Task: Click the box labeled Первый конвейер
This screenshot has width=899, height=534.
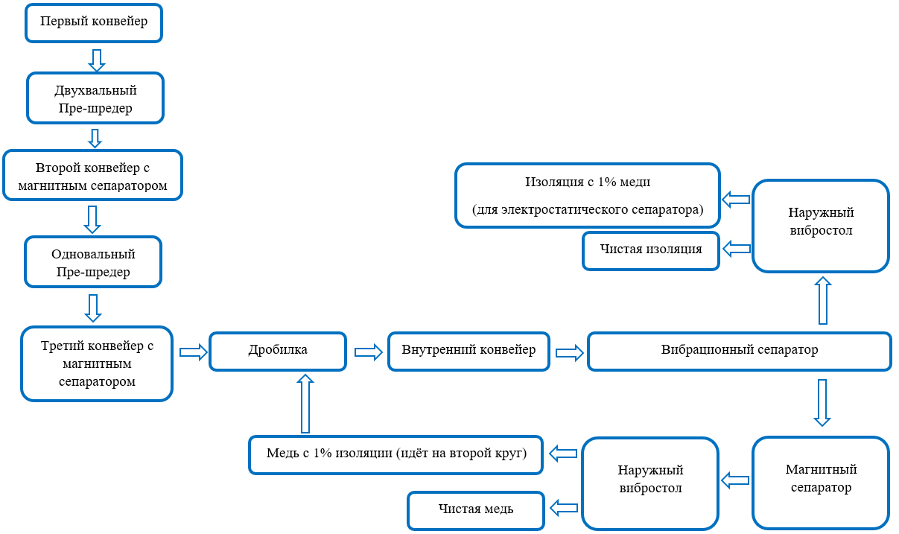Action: pos(94,23)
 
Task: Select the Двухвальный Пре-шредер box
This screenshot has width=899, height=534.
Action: pos(95,98)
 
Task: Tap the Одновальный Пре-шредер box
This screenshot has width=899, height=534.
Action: pos(93,262)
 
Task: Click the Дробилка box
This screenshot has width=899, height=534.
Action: pos(278,352)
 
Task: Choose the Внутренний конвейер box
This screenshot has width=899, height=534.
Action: pos(468,352)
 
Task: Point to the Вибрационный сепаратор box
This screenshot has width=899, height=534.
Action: pos(740,352)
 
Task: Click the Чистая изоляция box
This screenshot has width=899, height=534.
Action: pos(650,251)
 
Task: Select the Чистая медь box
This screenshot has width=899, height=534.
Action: pos(476,511)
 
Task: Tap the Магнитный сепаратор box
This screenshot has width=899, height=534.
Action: pos(821,483)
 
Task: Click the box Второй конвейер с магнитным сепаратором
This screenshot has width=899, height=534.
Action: pos(92,175)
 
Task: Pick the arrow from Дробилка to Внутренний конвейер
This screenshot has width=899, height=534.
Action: pos(369,352)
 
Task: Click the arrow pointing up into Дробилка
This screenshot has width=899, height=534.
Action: pos(305,404)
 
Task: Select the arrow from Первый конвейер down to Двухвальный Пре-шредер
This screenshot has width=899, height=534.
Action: pos(97,60)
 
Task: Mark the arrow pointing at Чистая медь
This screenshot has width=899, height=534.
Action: pos(564,508)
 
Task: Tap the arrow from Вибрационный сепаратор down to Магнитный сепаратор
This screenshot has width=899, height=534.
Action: pos(822,403)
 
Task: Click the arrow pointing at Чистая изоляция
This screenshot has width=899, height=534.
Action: pos(737,249)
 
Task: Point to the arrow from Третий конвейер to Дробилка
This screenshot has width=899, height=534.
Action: pos(194,352)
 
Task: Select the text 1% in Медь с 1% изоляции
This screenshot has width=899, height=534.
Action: pos(323,453)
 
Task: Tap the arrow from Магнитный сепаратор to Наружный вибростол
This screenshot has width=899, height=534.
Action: pos(735,480)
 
